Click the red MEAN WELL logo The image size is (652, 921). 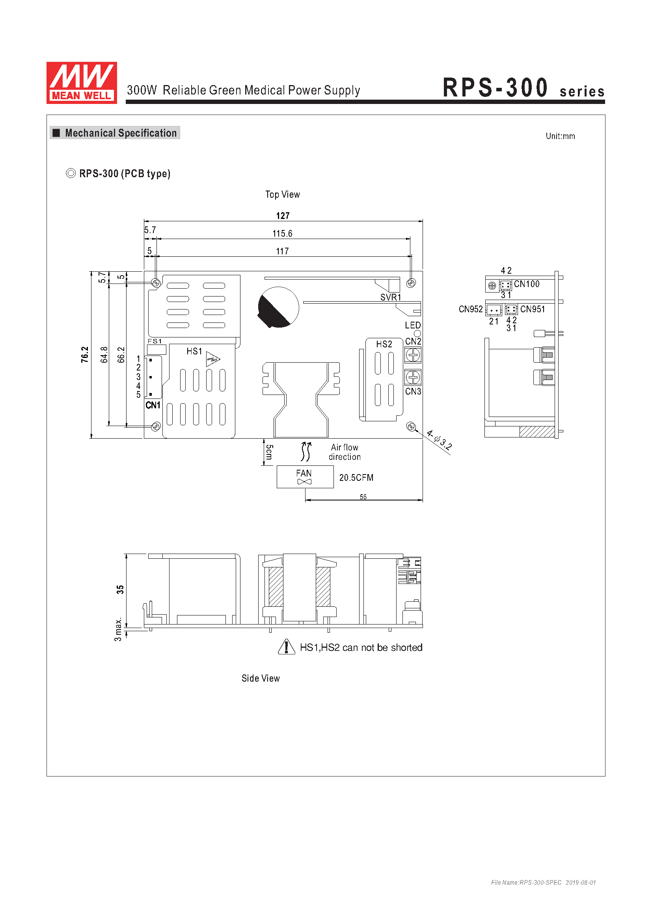point(82,83)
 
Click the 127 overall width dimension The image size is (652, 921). point(283,216)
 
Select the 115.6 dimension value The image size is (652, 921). point(282,233)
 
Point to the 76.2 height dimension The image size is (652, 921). point(85,355)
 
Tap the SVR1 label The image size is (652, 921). point(391,297)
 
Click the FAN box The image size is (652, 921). point(305,476)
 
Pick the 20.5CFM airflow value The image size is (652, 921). point(356,477)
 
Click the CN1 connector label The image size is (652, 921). point(153,405)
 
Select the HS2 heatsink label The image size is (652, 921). point(384,344)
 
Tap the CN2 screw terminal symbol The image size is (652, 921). point(413,355)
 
